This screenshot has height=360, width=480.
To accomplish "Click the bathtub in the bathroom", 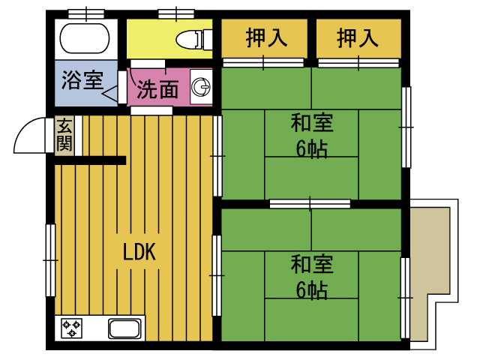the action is click(85, 39).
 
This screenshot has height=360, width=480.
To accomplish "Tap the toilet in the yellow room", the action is click(193, 39).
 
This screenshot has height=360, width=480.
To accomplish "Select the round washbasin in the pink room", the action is click(201, 87).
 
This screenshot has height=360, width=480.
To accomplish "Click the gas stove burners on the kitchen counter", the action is click(71, 328).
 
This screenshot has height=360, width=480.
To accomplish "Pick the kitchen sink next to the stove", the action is click(125, 328).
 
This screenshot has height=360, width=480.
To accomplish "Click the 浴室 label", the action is click(82, 80).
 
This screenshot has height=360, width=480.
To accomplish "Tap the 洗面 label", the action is click(157, 89).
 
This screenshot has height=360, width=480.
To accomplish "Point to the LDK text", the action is click(139, 252).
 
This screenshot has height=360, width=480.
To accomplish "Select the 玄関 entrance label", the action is click(64, 134).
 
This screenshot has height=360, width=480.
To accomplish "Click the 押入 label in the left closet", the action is click(266, 38).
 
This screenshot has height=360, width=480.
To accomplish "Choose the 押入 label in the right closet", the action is click(358, 38).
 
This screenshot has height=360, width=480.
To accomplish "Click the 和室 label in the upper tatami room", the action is click(312, 122).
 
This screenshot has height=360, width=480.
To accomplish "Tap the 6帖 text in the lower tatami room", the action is click(312, 289).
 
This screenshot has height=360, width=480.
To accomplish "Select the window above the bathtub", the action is click(86, 13).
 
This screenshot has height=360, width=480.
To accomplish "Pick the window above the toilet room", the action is click(176, 13).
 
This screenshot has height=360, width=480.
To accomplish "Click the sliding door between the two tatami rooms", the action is click(310, 203).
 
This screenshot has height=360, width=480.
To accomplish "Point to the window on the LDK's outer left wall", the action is click(50, 260).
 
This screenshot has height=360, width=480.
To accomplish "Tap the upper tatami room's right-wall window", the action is click(406, 127).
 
